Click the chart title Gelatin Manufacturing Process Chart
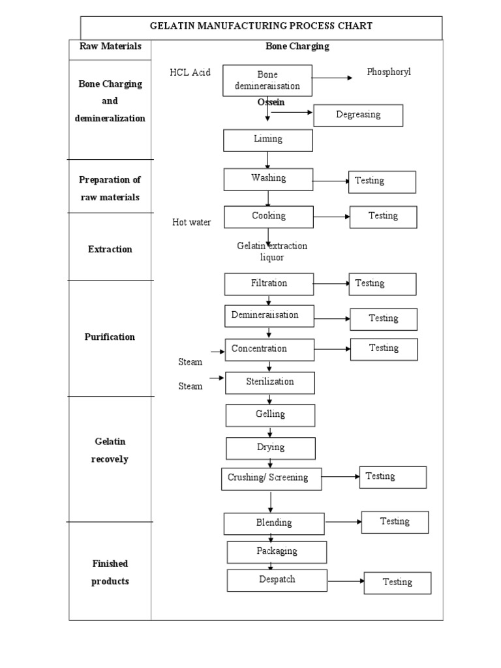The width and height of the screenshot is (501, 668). click(261, 26)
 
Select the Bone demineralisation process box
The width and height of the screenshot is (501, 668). click(267, 80)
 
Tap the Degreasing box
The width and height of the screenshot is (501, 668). click(358, 115)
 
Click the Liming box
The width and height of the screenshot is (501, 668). click(268, 140)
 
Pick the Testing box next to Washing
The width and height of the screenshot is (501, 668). click(382, 182)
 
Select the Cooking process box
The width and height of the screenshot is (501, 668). click(269, 217)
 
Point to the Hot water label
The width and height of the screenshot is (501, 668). click(191, 222)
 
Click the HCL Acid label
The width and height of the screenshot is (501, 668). click(190, 72)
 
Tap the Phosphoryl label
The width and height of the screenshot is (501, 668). click(389, 72)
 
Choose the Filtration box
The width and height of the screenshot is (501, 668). click(269, 284)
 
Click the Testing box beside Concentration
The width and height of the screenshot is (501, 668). click(384, 349)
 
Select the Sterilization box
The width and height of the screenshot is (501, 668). click(270, 383)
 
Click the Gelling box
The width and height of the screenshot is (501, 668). click(270, 415)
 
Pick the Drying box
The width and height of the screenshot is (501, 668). click(271, 448)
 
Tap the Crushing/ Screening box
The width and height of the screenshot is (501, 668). click(271, 478)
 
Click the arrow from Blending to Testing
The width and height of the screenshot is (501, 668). click(343, 522)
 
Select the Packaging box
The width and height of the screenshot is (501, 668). click(277, 552)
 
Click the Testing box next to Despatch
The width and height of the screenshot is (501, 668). click(397, 583)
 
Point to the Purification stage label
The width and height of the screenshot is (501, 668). click(110, 337)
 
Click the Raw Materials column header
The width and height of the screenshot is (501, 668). click(110, 46)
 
